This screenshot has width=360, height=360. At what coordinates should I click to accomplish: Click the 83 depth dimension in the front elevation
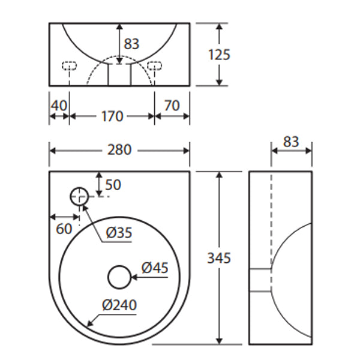pos(131,43)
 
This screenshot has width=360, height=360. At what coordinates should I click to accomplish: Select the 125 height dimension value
pos(219,55)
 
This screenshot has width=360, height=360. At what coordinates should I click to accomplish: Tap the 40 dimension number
pos(59,105)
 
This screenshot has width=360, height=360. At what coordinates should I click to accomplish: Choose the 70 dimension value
pos(172,105)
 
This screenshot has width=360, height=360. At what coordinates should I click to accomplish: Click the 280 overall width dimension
pos(119,150)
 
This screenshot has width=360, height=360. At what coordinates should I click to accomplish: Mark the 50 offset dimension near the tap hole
pos(113,184)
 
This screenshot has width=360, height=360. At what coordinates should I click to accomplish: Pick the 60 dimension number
pos(64,228)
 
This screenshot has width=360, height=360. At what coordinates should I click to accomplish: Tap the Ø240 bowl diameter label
pos(119,305)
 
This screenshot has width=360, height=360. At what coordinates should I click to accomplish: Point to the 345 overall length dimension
pos(219,258)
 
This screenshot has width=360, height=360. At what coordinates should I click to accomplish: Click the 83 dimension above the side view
pos(291,142)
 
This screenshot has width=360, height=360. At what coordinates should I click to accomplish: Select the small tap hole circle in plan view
pos(79,196)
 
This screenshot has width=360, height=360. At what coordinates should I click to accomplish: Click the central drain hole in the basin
pos(119,277)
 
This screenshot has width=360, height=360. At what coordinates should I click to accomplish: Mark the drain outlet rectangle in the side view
pos(260,280)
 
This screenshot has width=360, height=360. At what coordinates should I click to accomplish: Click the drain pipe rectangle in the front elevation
pos(119,74)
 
